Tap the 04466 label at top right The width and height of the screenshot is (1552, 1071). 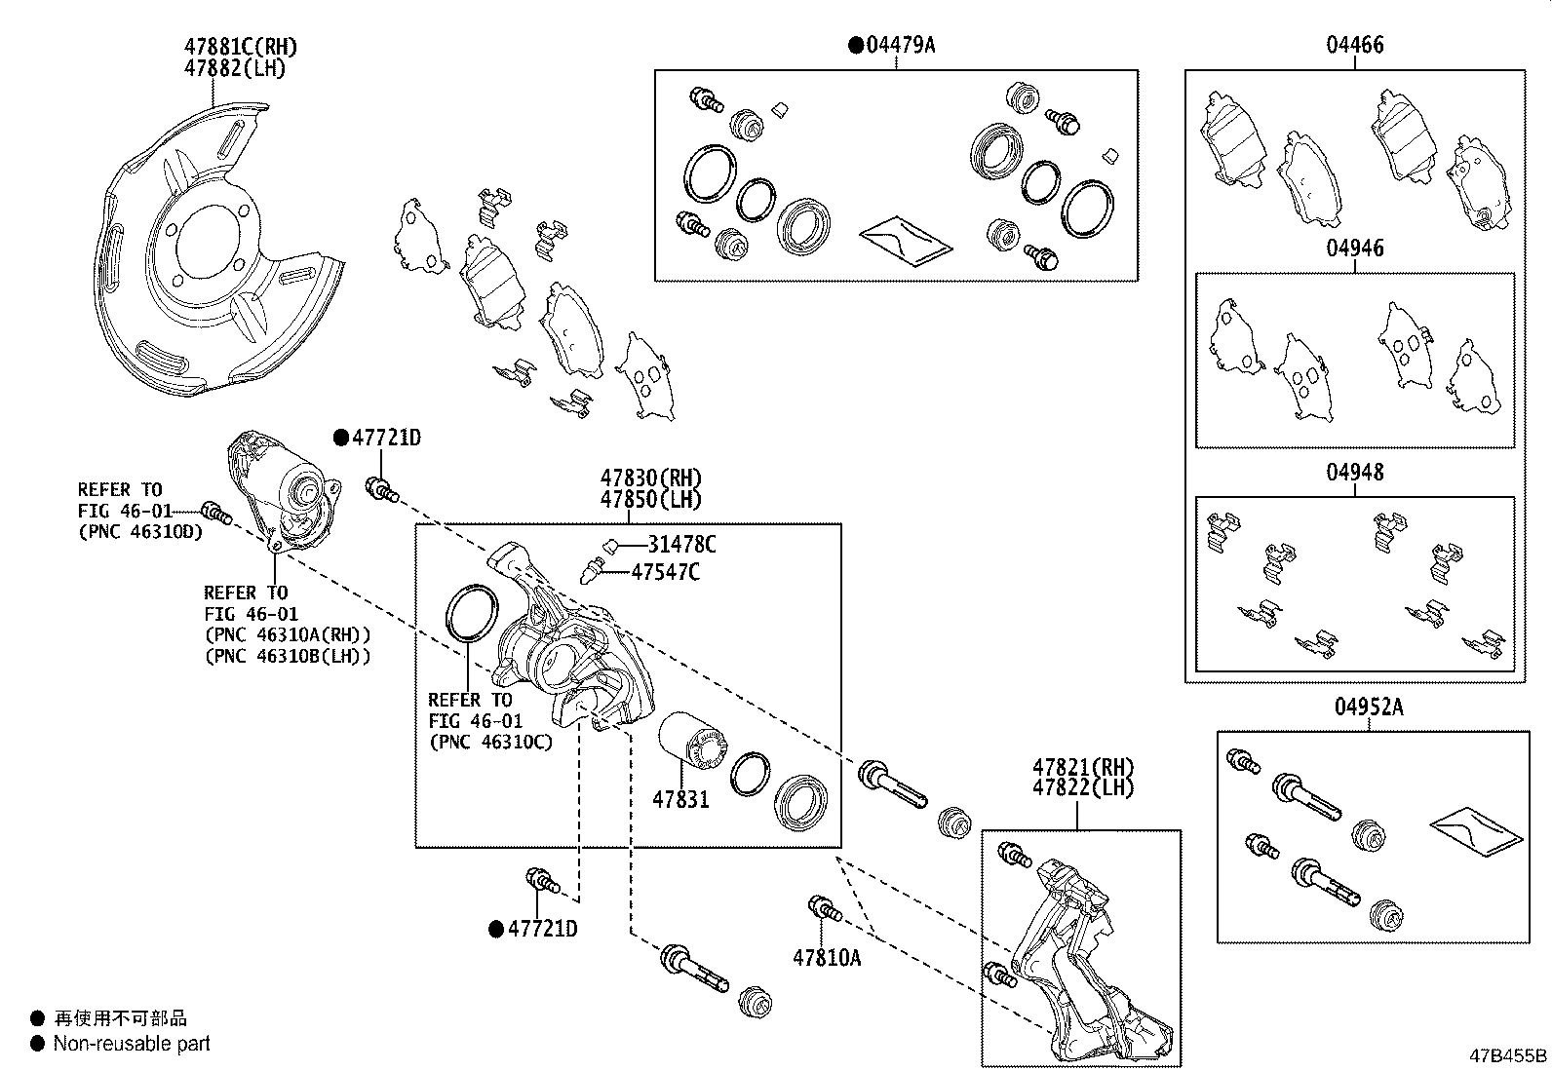pos(1354,45)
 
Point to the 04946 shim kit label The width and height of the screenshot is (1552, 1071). pos(1354,249)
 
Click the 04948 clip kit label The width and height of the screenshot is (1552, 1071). pos(1354,473)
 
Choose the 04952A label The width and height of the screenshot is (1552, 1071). pos(1369,708)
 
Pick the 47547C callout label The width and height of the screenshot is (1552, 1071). pos(665,572)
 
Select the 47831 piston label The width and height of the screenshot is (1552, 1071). pos(680,800)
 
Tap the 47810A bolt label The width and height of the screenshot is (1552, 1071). pos(827,958)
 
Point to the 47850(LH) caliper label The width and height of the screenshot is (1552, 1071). pos(650,500)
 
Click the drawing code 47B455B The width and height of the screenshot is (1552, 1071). pos(1508,1055)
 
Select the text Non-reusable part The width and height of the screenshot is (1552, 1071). pos(132,1044)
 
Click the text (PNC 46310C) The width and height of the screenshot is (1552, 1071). pos(490,742)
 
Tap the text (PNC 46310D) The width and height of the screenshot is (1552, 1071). pos(140,532)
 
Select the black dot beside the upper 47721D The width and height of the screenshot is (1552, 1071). pos(340,439)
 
